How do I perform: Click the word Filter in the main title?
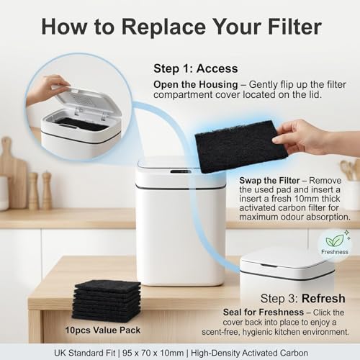(294, 27)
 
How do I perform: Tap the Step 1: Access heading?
(196, 68)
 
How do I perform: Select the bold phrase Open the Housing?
(196, 85)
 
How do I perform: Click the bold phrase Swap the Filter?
(269, 181)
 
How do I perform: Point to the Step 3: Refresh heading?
(303, 299)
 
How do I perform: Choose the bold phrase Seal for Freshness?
(264, 312)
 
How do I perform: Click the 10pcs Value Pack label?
(103, 330)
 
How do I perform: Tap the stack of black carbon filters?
(107, 300)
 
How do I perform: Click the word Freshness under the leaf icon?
(335, 252)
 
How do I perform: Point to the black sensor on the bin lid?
(181, 171)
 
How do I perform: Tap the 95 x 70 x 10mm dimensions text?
(153, 353)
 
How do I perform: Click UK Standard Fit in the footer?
(85, 353)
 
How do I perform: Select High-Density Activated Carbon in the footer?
(249, 353)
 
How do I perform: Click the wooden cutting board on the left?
(13, 173)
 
